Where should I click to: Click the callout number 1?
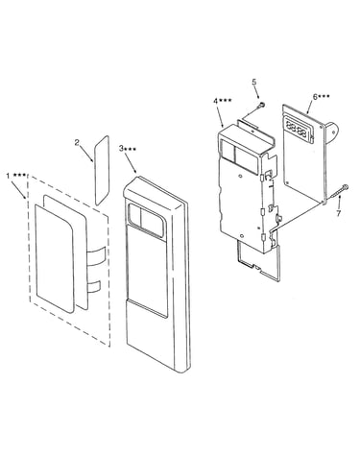click(x=8, y=176)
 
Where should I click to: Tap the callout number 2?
click(x=77, y=142)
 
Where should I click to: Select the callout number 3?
click(x=121, y=148)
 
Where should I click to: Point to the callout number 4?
click(x=216, y=101)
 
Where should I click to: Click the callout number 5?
click(x=254, y=82)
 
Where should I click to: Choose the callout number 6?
click(x=315, y=97)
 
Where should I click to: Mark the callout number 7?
click(x=339, y=213)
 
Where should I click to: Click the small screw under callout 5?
click(x=262, y=105)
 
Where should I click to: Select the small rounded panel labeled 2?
click(x=102, y=170)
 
